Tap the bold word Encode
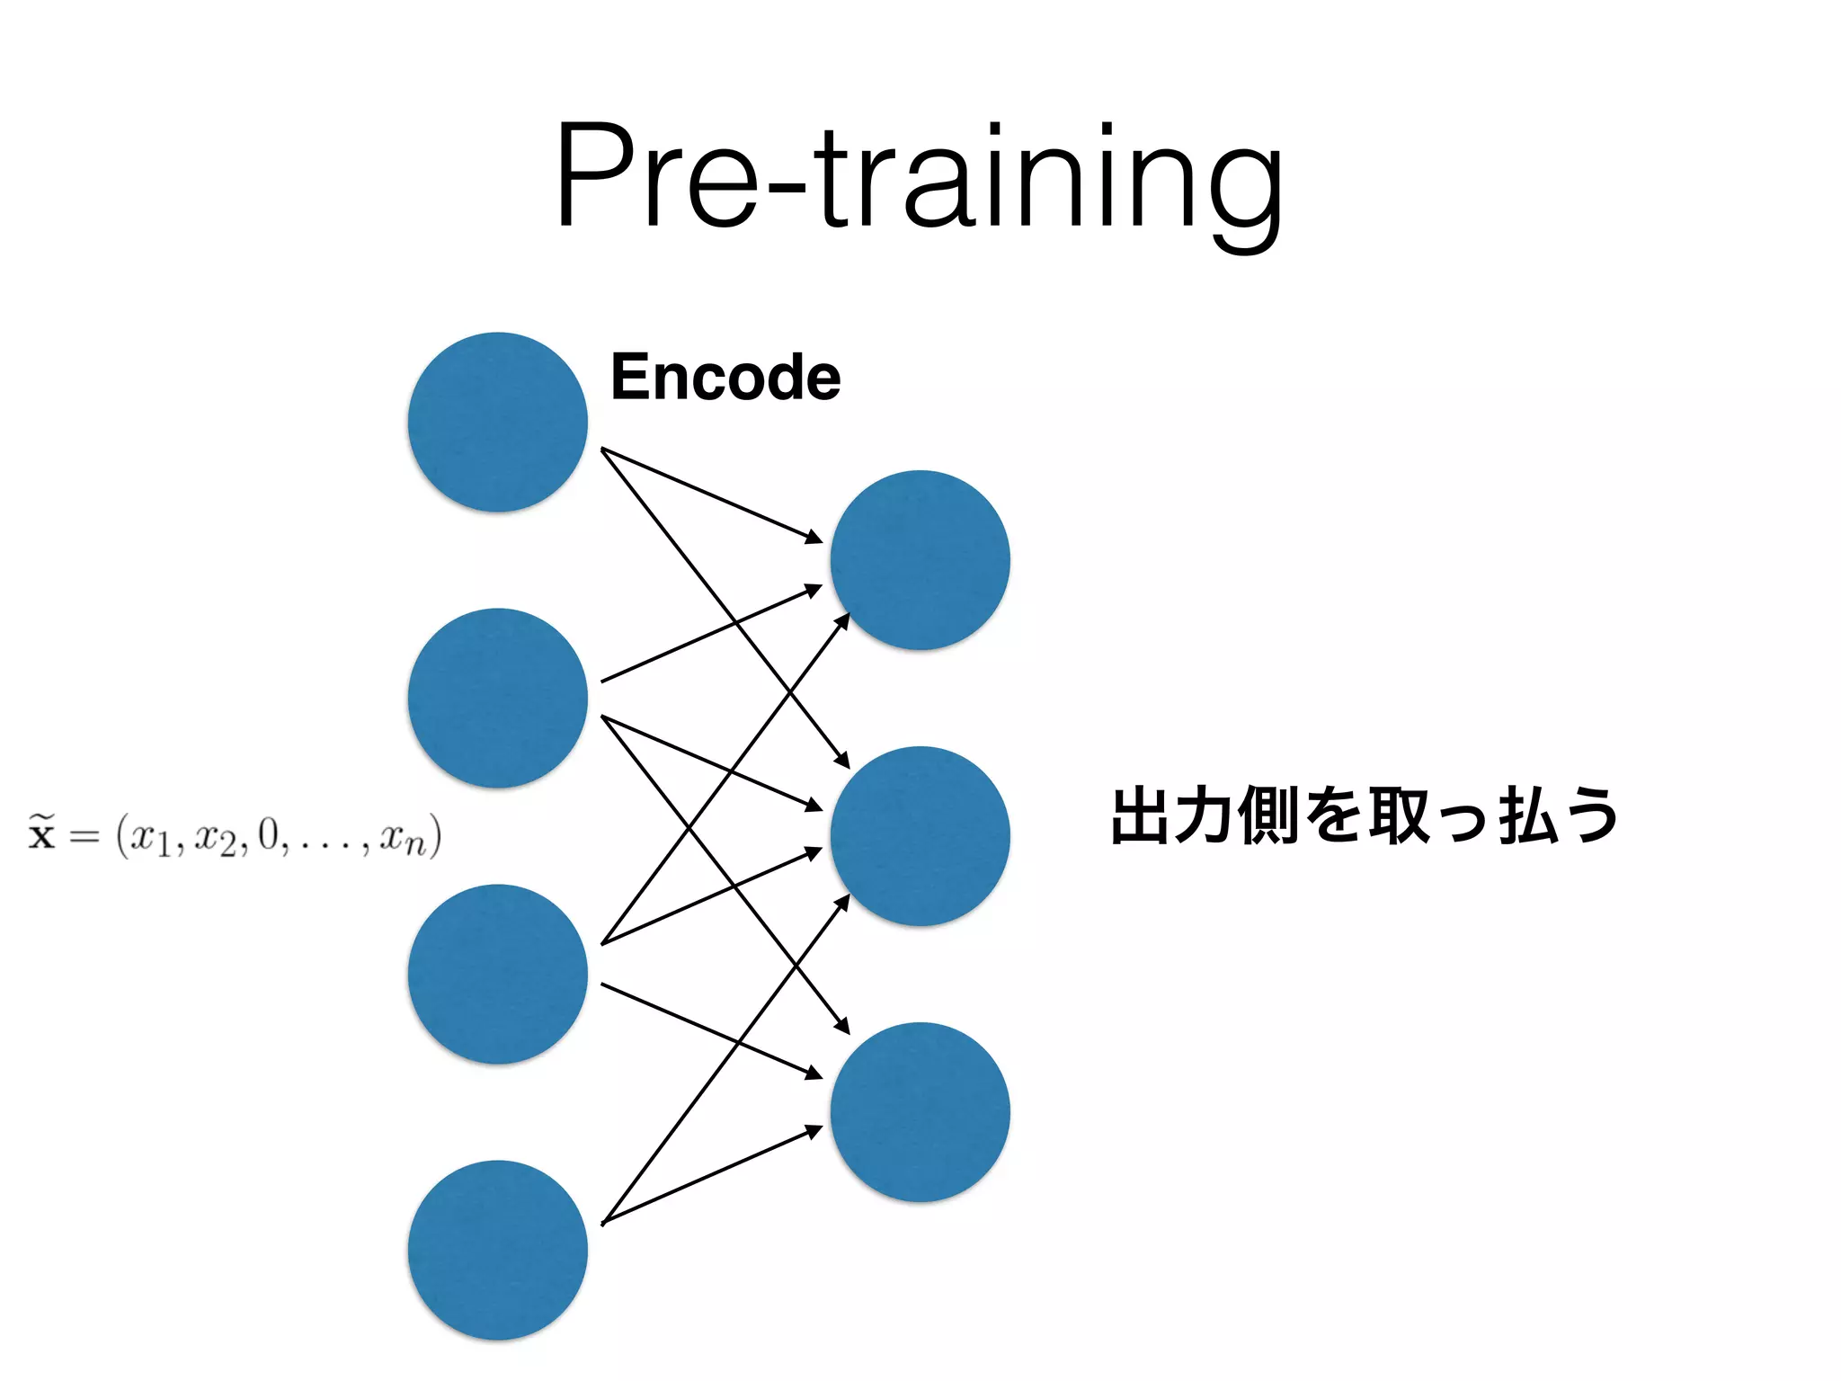[725, 377]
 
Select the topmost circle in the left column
[497, 423]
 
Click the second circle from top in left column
[497, 699]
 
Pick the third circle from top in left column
[497, 975]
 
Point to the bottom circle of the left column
[497, 1251]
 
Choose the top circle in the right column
[920, 560]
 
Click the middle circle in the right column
[920, 836]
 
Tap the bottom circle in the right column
[920, 1112]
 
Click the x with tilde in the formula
[41, 833]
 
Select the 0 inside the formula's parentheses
[268, 834]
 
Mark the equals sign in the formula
[84, 836]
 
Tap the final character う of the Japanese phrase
[1590, 816]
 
